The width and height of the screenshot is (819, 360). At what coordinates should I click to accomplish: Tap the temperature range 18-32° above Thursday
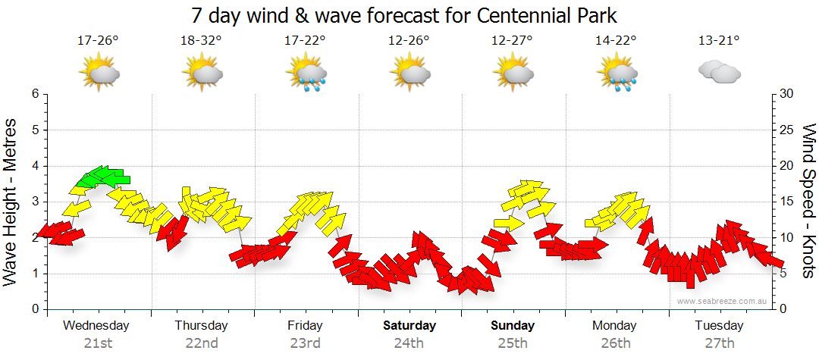(x=201, y=41)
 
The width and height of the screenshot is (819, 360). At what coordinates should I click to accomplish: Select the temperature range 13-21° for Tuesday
(x=718, y=41)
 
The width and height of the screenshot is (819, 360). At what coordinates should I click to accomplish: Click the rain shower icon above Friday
(x=306, y=74)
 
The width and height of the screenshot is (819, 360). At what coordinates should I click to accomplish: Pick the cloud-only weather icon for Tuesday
(x=718, y=72)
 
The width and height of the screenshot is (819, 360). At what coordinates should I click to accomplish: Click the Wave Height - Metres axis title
(x=12, y=202)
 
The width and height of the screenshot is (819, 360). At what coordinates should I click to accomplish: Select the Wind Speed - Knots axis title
(x=807, y=202)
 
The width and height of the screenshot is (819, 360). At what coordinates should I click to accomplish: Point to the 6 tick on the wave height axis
(x=34, y=94)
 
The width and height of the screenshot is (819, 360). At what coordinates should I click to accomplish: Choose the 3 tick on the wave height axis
(x=34, y=202)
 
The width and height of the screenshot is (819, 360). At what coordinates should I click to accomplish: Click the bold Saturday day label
(x=409, y=326)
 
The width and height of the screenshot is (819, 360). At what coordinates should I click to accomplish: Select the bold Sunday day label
(x=513, y=326)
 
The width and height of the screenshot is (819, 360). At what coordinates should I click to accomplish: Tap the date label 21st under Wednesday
(x=98, y=343)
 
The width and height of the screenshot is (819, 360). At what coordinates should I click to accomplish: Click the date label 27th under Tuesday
(x=719, y=343)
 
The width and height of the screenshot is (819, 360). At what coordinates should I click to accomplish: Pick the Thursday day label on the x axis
(x=201, y=326)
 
